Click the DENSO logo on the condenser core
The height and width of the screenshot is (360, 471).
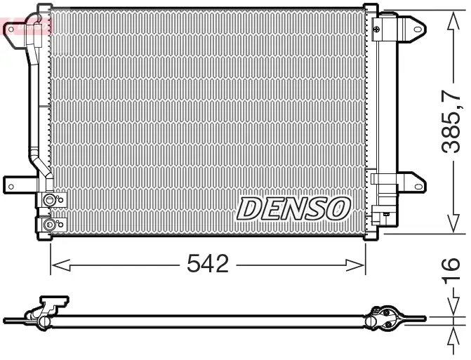pos(293,208)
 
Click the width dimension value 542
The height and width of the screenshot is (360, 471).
pos(208,265)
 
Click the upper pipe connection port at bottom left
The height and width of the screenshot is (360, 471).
pos(49,201)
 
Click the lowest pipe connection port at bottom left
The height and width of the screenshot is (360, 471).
pos(49,225)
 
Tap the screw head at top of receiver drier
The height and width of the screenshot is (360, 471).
pos(377,28)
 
